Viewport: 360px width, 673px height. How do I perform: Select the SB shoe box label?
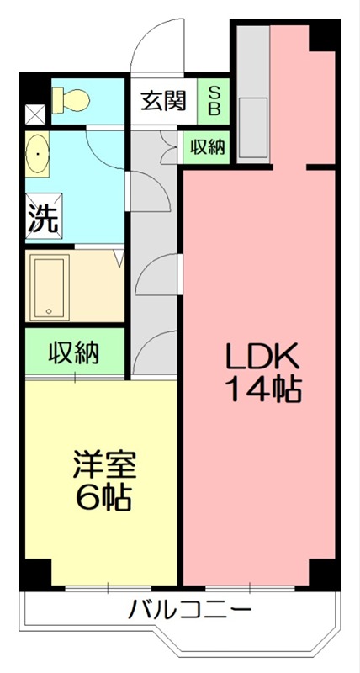[x=213, y=100]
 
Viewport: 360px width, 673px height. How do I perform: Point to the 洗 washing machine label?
[x=41, y=218]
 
